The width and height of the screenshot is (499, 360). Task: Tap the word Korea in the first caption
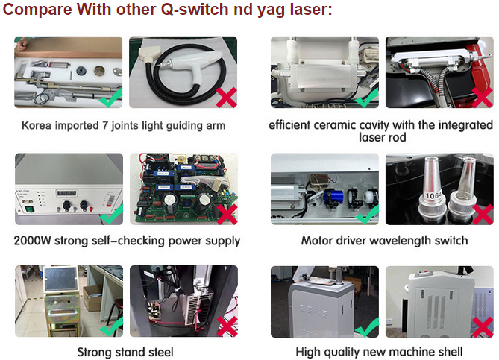(x=37, y=125)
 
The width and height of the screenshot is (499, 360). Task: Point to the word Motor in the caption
(x=319, y=241)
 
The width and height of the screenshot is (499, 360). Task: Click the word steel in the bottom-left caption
(x=157, y=351)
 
